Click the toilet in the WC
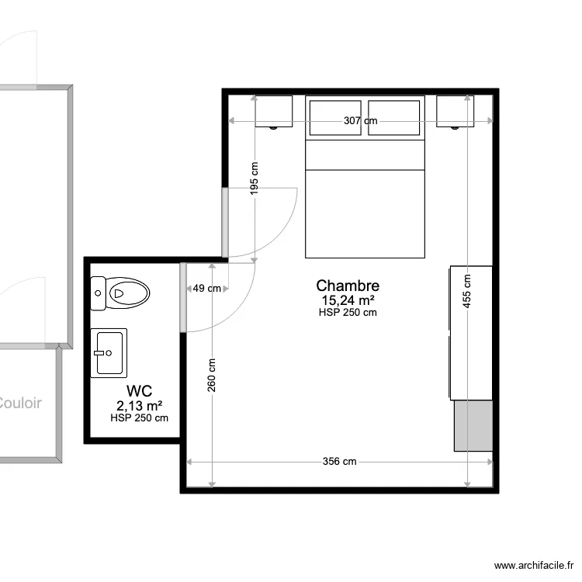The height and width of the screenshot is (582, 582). pos(120,293)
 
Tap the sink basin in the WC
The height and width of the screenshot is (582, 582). pos(109,352)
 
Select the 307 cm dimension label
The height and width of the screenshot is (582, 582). pos(360,120)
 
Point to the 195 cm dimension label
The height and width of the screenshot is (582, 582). pos(255,178)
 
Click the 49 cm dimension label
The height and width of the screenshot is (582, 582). pos(206,288)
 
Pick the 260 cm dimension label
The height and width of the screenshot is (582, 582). pos(211,375)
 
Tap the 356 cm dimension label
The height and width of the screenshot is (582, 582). pos(339,462)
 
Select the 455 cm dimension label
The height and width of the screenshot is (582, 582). pos(466,291)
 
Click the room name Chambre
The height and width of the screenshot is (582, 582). pos(348,286)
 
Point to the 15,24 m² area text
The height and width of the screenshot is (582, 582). pos(348,300)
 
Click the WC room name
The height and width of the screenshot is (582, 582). pos(139,391)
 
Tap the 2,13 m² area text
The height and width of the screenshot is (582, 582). pos(139,405)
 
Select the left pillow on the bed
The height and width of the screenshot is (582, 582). pos(335,118)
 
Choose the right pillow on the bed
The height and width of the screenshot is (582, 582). pos(393,118)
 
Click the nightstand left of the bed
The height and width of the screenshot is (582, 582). pos(274,112)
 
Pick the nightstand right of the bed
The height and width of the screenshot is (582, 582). pos(455,112)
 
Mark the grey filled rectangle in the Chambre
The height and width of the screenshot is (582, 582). pos(473,426)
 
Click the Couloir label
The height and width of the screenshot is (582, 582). pos(19,403)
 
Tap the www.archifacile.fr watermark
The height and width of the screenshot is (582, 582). pos(534,565)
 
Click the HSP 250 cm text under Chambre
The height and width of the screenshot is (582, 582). pos(348,313)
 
